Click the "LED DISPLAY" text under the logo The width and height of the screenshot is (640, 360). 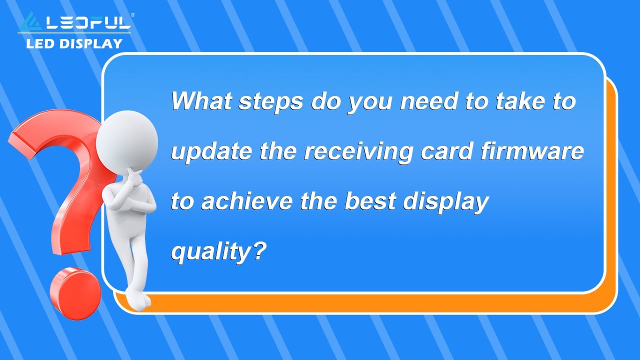(74, 43)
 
